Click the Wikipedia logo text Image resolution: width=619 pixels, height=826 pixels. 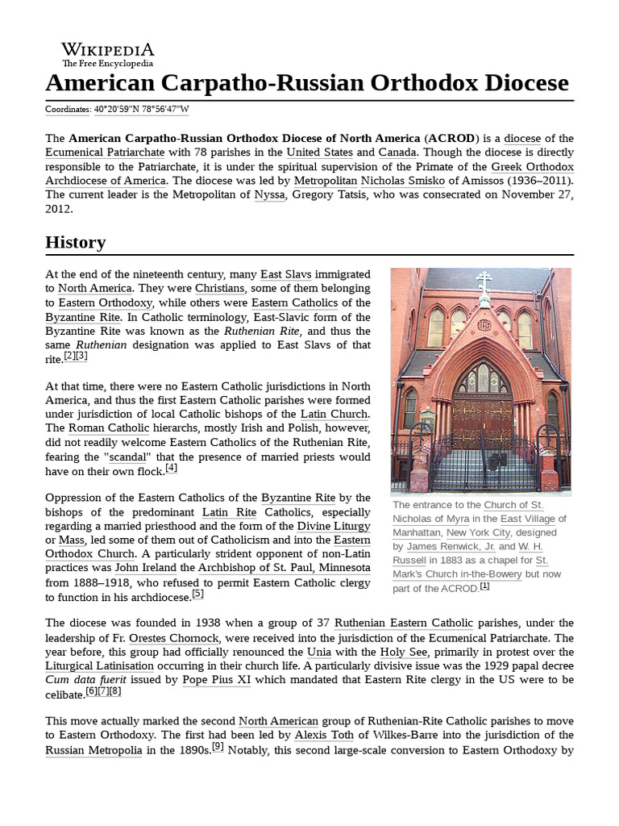108,50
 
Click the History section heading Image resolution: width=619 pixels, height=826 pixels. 75,242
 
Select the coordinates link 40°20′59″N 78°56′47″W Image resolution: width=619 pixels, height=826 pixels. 141,110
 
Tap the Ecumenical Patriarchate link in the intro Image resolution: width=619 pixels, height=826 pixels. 105,152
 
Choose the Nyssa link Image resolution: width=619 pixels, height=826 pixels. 269,195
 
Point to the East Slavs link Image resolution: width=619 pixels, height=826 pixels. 285,274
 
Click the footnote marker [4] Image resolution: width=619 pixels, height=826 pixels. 171,468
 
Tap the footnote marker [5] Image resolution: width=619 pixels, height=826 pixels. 197,594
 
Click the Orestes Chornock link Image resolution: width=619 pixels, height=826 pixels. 174,637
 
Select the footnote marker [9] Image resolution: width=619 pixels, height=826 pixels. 218,747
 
